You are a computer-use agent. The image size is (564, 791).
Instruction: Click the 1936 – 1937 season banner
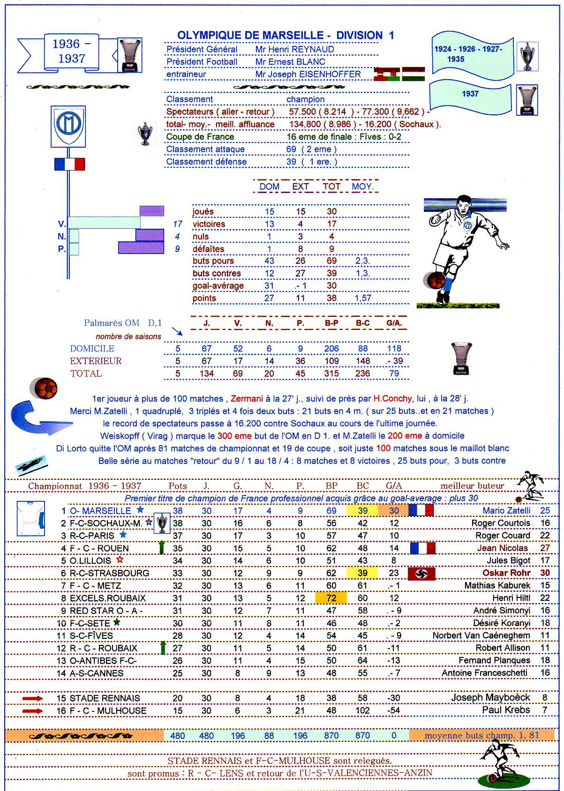click(71, 52)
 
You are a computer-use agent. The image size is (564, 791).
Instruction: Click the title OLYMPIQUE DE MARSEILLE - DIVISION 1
click(285, 35)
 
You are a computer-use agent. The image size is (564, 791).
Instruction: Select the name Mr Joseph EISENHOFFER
click(308, 74)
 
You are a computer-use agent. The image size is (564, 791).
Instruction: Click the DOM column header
click(269, 186)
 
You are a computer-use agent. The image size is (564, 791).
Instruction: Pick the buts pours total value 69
click(331, 261)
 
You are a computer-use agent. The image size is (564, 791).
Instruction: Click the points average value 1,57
click(362, 298)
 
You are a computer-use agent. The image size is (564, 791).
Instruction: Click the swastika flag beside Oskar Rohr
click(421, 573)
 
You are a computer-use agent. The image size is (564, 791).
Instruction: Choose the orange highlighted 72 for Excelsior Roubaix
click(331, 598)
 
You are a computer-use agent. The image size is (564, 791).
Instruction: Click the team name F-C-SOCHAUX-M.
click(105, 523)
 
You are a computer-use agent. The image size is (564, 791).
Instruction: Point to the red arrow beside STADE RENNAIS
click(32, 698)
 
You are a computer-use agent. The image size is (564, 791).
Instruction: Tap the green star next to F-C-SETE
click(117, 622)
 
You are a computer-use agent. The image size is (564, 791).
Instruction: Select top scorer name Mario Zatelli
click(506, 510)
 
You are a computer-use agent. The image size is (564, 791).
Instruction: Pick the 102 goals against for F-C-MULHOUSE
click(362, 710)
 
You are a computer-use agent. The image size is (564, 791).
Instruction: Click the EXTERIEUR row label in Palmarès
click(96, 361)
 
